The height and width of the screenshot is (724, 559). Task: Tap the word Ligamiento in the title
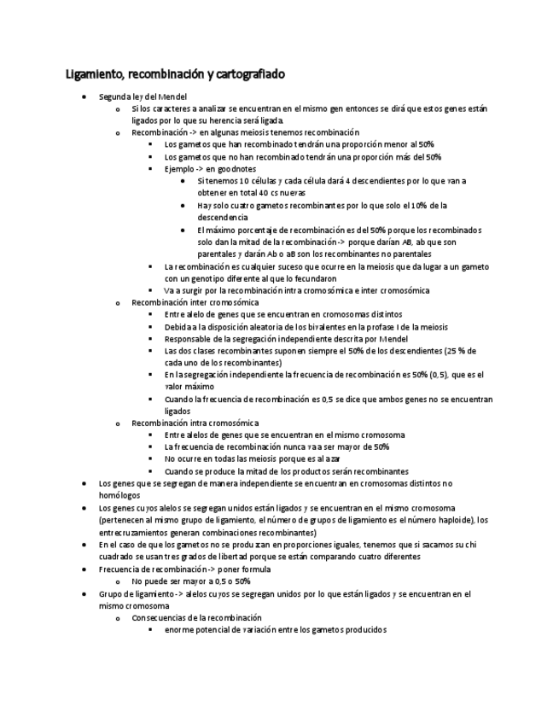(x=94, y=74)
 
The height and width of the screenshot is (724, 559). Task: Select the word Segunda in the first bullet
(x=114, y=96)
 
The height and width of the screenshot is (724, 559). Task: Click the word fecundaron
(x=314, y=278)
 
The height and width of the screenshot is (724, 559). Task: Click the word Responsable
(x=189, y=339)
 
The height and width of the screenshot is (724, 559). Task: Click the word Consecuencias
(x=160, y=617)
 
